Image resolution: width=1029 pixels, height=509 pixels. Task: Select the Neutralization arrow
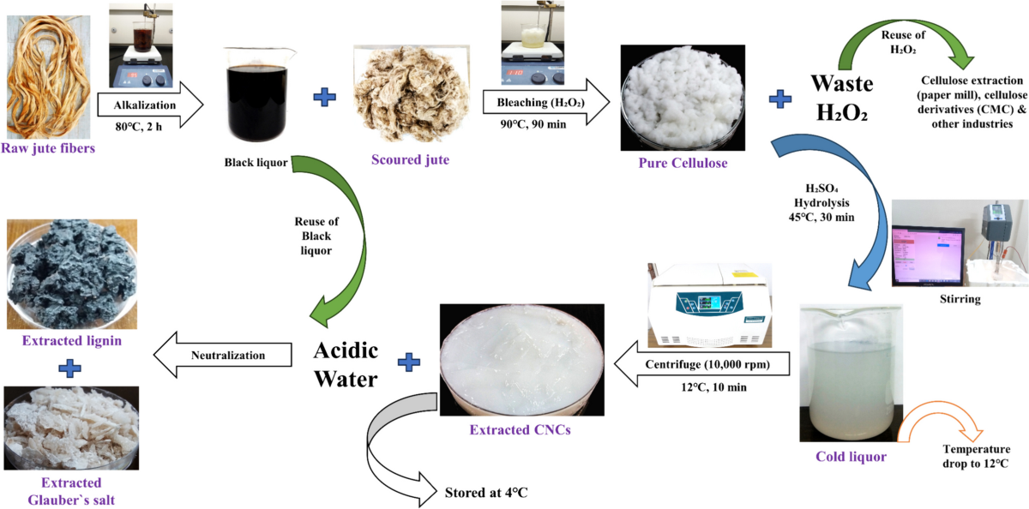[228, 355]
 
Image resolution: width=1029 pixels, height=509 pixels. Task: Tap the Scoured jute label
[410, 159]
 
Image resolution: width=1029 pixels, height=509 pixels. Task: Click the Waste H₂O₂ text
[842, 99]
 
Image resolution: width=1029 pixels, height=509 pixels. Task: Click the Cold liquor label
[851, 457]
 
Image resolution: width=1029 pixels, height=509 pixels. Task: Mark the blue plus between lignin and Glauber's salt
[71, 369]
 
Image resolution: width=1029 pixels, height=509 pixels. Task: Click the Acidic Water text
[345, 364]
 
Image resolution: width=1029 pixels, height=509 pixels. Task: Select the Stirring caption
[960, 300]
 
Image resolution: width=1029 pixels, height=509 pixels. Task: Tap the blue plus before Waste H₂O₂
[780, 99]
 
